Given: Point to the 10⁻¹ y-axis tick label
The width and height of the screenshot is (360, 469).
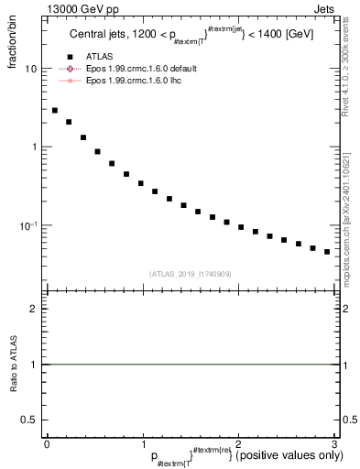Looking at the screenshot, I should (x=29, y=225).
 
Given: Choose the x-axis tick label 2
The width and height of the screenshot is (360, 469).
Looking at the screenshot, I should (x=238, y=444).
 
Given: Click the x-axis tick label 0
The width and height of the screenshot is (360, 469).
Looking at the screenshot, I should (x=47, y=444).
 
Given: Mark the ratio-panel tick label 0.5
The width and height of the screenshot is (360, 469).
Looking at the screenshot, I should (x=29, y=420).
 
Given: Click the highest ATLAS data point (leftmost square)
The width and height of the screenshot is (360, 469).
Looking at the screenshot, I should (x=55, y=110).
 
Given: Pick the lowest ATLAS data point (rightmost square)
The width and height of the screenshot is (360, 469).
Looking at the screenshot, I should (x=327, y=251).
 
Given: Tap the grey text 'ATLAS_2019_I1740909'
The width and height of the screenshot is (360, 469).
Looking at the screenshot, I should (x=190, y=273).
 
